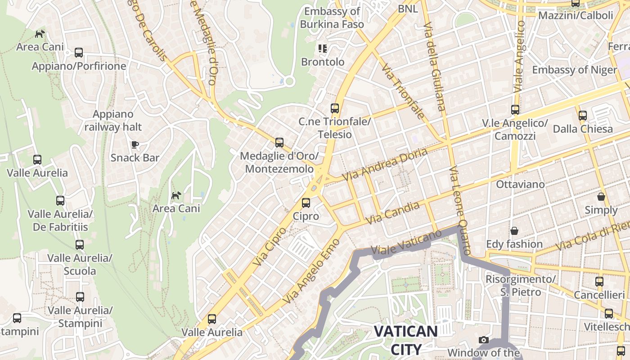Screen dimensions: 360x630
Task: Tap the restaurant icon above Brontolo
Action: click(x=322, y=48)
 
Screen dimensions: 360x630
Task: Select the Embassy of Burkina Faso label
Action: click(x=332, y=18)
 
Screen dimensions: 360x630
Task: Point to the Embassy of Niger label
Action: click(x=574, y=70)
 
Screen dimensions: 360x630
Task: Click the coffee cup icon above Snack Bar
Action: click(x=135, y=144)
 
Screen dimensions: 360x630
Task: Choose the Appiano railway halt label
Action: click(x=113, y=121)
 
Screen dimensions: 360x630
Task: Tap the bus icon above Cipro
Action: click(x=306, y=202)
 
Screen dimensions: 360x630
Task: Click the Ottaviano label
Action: click(x=520, y=184)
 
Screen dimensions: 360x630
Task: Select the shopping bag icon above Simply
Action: click(x=601, y=197)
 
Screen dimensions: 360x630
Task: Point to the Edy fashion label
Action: click(x=514, y=244)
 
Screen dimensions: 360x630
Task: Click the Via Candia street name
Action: click(x=392, y=213)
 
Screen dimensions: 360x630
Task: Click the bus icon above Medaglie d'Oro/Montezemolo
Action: click(x=279, y=143)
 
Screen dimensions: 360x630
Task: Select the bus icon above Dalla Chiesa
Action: click(x=583, y=116)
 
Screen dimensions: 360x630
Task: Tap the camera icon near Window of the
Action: click(x=484, y=340)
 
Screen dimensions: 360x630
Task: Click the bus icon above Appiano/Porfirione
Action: click(x=79, y=53)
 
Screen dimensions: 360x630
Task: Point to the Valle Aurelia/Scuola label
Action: click(x=80, y=265)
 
